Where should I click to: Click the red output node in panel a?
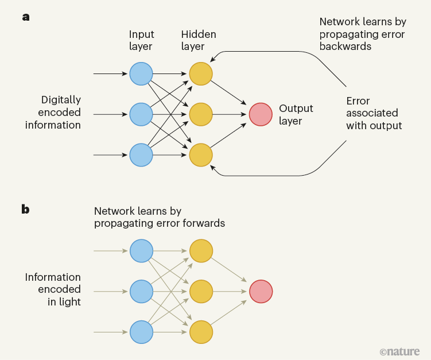point(261,114)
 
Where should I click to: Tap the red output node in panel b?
point(261,291)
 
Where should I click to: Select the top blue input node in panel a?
point(141,74)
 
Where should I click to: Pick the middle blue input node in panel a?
point(141,114)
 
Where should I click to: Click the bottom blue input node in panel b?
point(141,332)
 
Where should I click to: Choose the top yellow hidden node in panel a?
point(201,74)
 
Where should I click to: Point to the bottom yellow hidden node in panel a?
point(201,155)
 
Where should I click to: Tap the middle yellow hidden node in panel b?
point(201,291)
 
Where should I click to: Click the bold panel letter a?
point(26,17)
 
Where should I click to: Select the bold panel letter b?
point(26,209)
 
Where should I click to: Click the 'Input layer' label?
point(142,40)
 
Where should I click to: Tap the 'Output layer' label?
point(296,114)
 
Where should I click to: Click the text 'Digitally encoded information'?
point(53,113)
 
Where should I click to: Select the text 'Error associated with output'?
point(374,113)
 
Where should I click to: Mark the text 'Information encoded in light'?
point(53,289)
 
